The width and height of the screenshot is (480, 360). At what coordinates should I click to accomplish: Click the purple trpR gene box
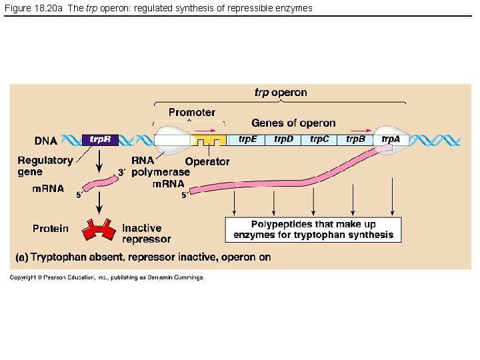pos(101,140)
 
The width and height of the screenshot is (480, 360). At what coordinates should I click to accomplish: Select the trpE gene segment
pos(247,139)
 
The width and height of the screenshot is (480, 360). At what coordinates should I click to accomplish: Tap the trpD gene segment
pos(283,139)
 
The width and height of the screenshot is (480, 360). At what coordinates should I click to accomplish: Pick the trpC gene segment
pos(319,139)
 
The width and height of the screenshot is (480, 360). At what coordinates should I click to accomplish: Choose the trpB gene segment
pos(355,139)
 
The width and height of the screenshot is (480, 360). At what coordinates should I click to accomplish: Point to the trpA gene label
pos(391,139)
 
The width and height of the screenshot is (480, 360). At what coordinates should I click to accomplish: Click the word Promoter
pos(191,113)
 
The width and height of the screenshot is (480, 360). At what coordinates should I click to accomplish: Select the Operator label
pos(207,161)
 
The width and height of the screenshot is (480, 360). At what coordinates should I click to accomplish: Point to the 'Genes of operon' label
pos(293,123)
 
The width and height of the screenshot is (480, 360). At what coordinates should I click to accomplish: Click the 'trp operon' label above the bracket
pos(281,93)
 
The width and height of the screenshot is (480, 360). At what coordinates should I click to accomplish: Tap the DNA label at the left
pos(46,141)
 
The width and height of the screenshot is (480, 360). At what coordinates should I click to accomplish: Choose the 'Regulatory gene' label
pos(45,165)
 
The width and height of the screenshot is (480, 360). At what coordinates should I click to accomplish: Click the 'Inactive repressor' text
pos(146,233)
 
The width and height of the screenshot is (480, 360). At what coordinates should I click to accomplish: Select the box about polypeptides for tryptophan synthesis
pos(313,229)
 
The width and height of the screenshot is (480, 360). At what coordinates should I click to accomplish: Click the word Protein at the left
pos(51,229)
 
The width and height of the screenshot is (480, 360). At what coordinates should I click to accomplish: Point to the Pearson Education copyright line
pos(107,277)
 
